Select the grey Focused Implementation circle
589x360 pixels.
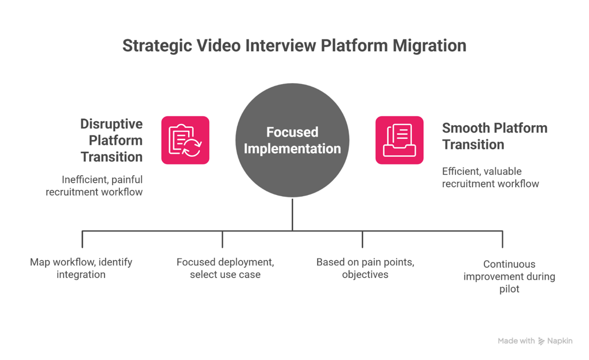[x=292, y=140]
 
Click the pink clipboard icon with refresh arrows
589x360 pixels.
[x=185, y=140]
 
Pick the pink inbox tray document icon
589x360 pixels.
[x=399, y=140]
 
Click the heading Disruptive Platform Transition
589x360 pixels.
[x=111, y=140]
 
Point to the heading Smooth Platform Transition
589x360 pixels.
[x=494, y=136]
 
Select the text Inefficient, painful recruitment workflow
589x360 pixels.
[x=94, y=185]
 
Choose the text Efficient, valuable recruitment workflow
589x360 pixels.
[x=490, y=177]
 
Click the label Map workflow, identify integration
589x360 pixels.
[x=81, y=268]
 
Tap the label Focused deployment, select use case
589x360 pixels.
[x=225, y=268]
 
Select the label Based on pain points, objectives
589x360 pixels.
[x=365, y=268]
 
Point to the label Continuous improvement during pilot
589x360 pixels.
[x=509, y=277]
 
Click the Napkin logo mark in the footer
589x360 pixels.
[x=541, y=341]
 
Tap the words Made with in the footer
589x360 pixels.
[x=516, y=341]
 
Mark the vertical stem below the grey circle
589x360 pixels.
[x=293, y=214]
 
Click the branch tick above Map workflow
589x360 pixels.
[x=82, y=239]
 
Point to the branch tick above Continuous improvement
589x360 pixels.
[x=502, y=239]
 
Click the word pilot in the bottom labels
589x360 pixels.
[x=509, y=289]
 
